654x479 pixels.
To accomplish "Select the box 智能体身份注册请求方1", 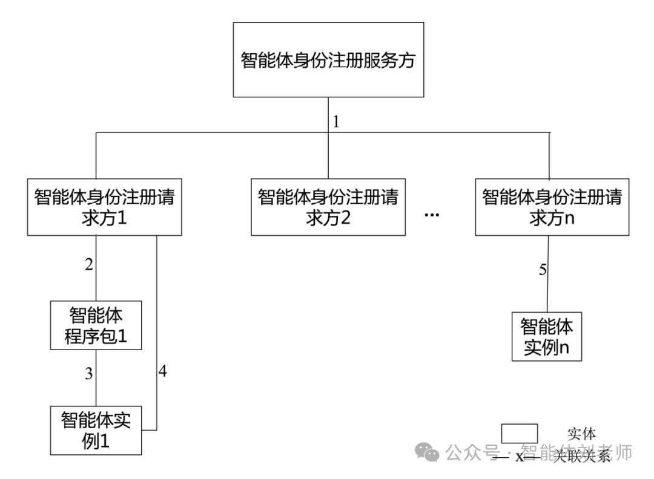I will [x=104, y=207].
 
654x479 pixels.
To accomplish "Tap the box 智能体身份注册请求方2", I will [x=328, y=207].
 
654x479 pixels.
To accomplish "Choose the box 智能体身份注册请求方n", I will [x=551, y=207].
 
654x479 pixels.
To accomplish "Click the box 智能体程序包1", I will [x=96, y=325].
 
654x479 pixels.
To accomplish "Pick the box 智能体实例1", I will [x=96, y=431].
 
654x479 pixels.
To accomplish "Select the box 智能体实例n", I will [x=547, y=336].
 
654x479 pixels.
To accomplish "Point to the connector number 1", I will [x=336, y=121].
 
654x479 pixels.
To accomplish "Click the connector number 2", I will [x=88, y=264].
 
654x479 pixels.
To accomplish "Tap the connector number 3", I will [x=88, y=374].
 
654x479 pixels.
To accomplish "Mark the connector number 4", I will [x=162, y=371].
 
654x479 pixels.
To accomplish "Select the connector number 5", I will [x=543, y=270].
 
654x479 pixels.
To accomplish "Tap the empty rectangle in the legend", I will [x=520, y=434].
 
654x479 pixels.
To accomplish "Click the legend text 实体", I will [x=581, y=434].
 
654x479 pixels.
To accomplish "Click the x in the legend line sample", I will [x=519, y=457].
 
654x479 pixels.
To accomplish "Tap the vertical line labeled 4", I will [x=157, y=333].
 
